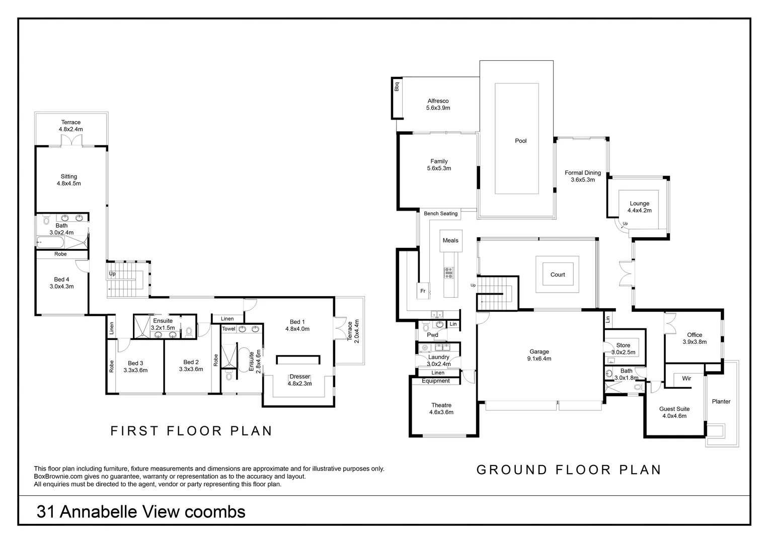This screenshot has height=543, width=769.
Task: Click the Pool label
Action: [520, 141]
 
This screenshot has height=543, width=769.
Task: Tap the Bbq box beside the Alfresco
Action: [397, 86]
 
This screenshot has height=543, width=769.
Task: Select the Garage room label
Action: [539, 352]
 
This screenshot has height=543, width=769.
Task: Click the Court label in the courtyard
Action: [558, 275]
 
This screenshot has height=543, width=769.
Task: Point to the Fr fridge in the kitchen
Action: [423, 291]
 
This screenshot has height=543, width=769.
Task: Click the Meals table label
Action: [450, 240]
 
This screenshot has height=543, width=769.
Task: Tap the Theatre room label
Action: [441, 405]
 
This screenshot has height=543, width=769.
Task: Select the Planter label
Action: [721, 401]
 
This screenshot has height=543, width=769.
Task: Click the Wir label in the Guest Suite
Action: [686, 378]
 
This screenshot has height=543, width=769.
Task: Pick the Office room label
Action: [695, 335]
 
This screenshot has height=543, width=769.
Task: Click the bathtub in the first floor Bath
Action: [51, 243]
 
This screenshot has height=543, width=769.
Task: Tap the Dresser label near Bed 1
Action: [299, 377]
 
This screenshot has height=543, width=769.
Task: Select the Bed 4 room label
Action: [61, 280]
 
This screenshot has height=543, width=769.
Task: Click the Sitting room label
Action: [69, 176]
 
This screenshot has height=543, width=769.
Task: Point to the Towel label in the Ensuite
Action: [228, 329]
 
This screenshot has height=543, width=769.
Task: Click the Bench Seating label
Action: [440, 214]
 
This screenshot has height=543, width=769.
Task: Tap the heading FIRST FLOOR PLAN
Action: [191, 431]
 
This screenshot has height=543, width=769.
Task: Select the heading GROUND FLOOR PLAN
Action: [569, 470]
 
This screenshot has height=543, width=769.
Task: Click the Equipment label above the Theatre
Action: [436, 381]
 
